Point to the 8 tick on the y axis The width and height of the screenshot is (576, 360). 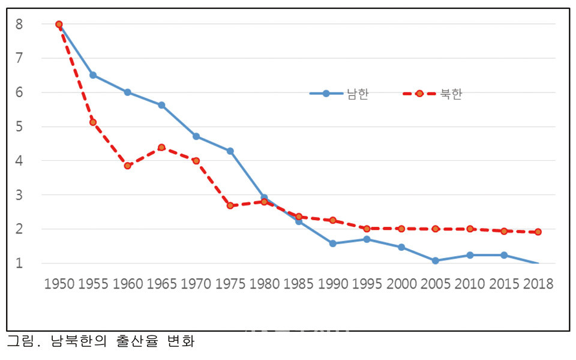pyautogui.click(x=20, y=25)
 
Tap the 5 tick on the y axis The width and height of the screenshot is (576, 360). pyautogui.click(x=20, y=127)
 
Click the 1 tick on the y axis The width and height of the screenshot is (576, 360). pyautogui.click(x=20, y=263)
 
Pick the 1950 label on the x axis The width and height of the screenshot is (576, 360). pyautogui.click(x=59, y=284)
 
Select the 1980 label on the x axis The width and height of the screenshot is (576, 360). pyautogui.click(x=264, y=284)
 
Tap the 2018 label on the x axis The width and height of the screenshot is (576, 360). pyautogui.click(x=538, y=284)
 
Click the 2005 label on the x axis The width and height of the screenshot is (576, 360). pyautogui.click(x=436, y=284)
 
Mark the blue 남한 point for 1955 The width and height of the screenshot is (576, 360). pyautogui.click(x=93, y=75)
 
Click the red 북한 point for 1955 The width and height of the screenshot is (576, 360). pyautogui.click(x=93, y=122)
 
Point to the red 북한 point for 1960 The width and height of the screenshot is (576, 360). pyautogui.click(x=127, y=166)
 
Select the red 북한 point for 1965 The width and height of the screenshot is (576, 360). pyautogui.click(x=161, y=147)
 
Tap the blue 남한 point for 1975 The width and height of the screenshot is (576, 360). pyautogui.click(x=230, y=151)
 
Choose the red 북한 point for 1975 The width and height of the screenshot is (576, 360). pyautogui.click(x=230, y=206)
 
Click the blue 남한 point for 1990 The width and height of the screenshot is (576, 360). pyautogui.click(x=332, y=244)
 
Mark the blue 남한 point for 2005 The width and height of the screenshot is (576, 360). pyautogui.click(x=435, y=260)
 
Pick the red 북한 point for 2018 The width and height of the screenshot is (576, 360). pyautogui.click(x=538, y=232)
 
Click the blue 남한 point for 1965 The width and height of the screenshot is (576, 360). pyautogui.click(x=161, y=105)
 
